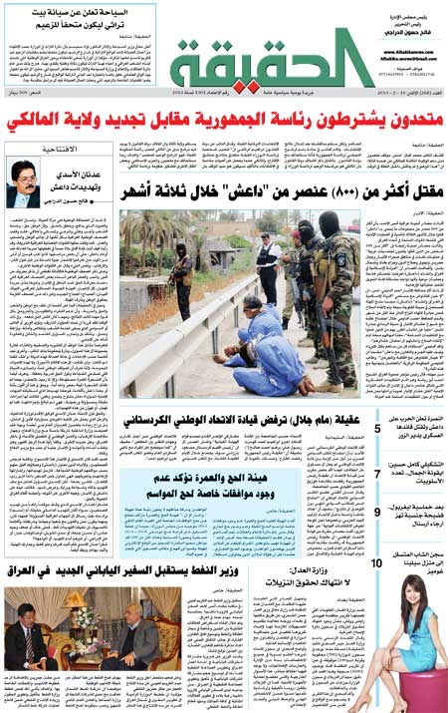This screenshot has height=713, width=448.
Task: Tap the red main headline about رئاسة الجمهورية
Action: tap(224, 122)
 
